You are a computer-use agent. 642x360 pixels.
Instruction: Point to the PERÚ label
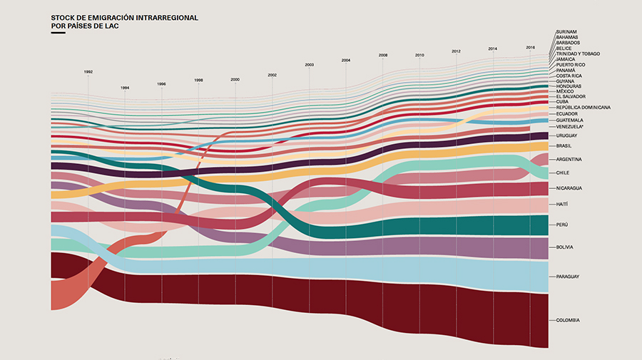562,225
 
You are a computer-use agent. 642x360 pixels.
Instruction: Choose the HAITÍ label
562,205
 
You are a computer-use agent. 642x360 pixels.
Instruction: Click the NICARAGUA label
569,188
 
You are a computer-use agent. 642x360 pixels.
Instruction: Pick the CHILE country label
562,173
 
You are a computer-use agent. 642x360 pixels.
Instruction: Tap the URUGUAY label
566,135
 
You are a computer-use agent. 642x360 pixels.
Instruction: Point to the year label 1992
88,72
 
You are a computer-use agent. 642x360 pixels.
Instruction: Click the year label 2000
235,80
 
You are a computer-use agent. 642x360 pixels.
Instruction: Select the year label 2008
383,55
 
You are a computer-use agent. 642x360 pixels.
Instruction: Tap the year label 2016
530,47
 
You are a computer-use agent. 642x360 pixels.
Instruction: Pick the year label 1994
125,88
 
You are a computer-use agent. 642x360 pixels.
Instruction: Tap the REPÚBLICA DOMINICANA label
584,107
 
